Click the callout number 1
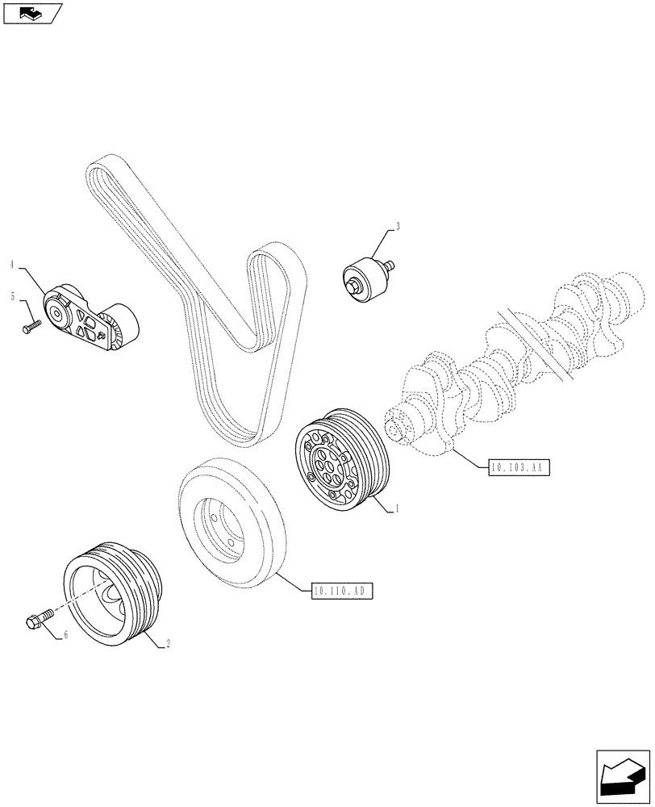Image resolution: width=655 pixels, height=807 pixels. [x=397, y=509]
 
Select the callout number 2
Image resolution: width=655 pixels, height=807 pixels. [x=167, y=644]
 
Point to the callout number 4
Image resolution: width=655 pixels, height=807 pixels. [x=13, y=264]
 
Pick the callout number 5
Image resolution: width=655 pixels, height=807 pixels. [x=13, y=297]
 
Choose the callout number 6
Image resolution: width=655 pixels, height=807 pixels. [x=66, y=636]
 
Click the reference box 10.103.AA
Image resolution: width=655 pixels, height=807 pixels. [x=518, y=466]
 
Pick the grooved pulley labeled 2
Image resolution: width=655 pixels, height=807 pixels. [x=114, y=592]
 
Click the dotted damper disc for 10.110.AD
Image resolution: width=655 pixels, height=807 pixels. [x=229, y=525]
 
